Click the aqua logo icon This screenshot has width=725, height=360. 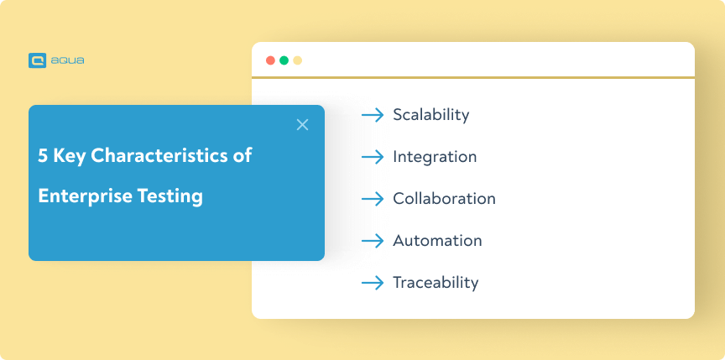coord(37,60)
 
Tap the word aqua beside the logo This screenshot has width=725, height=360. coord(67,60)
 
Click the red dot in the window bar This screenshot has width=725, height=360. coord(270,60)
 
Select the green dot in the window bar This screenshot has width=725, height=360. coord(284,60)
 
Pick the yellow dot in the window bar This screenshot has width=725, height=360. coord(297,60)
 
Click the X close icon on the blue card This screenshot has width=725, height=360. coord(302,125)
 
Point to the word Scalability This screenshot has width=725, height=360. coord(431,115)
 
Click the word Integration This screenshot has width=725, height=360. coord(435,157)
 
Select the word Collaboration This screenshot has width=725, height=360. coord(445,199)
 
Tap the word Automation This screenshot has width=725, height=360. coord(437,241)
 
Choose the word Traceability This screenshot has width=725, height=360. coord(436,282)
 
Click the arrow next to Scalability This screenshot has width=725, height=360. coord(373,115)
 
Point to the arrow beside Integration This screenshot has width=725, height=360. coord(373,157)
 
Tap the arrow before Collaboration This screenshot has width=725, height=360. coord(373,199)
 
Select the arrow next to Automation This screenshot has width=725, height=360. coord(373,241)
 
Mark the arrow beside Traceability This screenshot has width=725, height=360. coord(373,283)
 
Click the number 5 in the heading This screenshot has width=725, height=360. coord(43,156)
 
